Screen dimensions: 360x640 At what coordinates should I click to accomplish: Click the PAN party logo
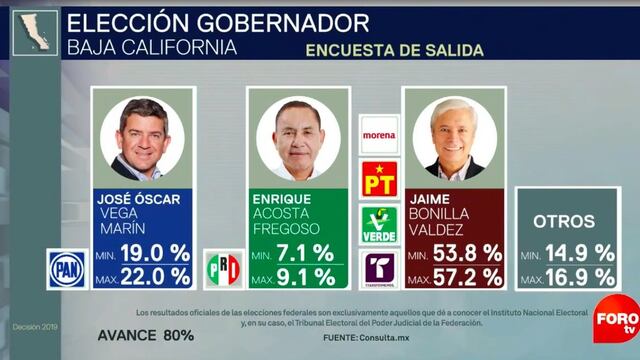pos(67,269)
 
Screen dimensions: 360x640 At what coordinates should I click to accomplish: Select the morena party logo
pos(379,134)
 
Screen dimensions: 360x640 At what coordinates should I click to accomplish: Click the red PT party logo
pos(379,179)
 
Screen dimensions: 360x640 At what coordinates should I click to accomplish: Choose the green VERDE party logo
pos(379,224)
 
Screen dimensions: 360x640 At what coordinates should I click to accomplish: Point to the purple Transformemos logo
pos(379,269)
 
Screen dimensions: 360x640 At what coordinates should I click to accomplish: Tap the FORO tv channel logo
pos(617,315)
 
